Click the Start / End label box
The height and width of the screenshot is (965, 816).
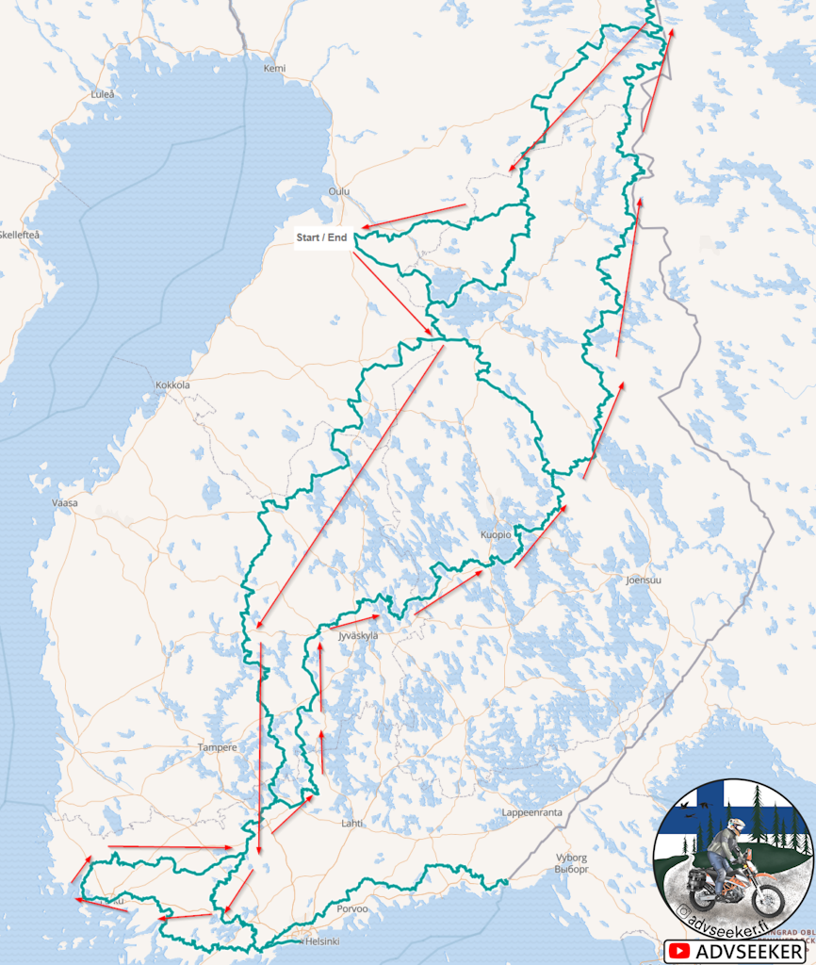pos(321,237)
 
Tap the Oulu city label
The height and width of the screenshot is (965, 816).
pos(338,191)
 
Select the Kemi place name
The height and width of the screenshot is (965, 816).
pos(274,68)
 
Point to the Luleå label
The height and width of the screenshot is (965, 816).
pos(102,94)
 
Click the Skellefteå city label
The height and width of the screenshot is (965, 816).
pos(19,234)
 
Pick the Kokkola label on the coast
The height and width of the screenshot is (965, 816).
pos(172,385)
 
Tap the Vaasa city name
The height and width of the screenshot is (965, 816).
pos(65,503)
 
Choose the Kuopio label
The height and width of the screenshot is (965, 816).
pos(496,534)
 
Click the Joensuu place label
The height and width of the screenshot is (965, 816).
pos(644,581)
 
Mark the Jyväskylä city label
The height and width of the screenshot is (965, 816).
pos(357,636)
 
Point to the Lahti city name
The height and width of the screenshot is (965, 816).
pos(351,823)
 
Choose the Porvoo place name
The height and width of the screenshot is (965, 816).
pos(352,908)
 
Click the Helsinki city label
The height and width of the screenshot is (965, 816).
pos(322,941)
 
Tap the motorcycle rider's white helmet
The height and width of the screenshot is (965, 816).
pos(736,826)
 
